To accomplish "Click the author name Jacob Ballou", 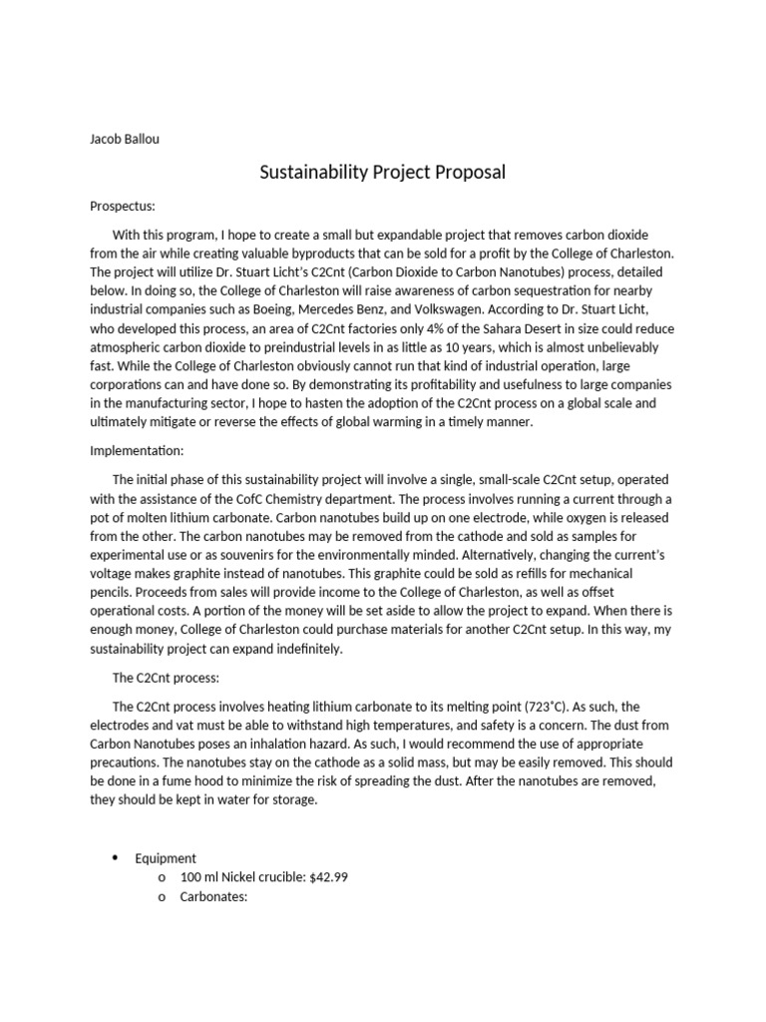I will (x=125, y=139).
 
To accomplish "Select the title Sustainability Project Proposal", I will (x=383, y=173).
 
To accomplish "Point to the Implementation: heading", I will (x=137, y=451).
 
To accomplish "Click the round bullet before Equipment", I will (x=115, y=858).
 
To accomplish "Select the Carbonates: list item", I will (x=213, y=896).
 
